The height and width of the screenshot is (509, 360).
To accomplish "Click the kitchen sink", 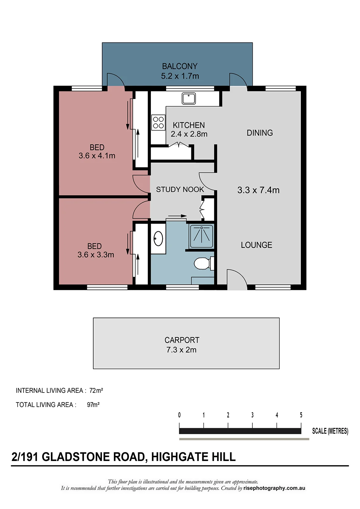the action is coord(188,98).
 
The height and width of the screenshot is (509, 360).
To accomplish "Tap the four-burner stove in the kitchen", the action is coord(158,122).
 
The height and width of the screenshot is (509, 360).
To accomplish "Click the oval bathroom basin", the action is coord(158,239).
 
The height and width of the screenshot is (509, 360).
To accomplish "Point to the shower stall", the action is coord(201,236).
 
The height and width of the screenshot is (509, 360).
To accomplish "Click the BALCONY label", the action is coord(180,66).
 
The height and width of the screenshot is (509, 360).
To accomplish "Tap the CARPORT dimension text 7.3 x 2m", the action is coord(181,350).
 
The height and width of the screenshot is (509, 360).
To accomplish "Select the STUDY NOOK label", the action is coord(180,190).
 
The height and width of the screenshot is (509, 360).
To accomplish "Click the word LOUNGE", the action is coord(257,245).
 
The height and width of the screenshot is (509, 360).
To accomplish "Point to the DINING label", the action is coord(260,133).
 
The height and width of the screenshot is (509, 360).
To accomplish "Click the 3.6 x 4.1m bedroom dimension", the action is coord(97,156).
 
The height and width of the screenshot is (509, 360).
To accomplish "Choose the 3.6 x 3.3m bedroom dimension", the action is coord(96,255).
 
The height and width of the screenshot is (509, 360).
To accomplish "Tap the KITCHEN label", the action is coord(189,125).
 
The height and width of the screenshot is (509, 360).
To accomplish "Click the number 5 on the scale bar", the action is coord(301,415).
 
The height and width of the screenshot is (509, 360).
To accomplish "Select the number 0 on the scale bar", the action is coord(179,415).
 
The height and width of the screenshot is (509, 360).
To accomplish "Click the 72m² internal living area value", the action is coord(96,390).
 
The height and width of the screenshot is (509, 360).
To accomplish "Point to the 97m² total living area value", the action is coord(93,405).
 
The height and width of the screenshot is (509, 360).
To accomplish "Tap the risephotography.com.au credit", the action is coord(274,488).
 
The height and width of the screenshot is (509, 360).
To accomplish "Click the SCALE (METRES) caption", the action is coord(330,431).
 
